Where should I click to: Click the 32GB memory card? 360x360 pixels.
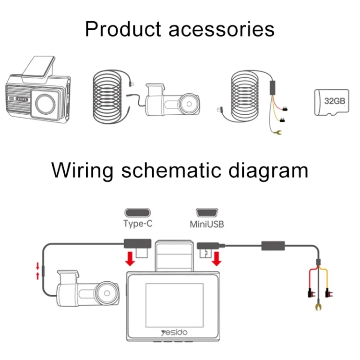click(331, 101)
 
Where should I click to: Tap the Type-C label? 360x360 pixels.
click(138, 223)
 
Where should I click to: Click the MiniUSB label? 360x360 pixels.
click(207, 224)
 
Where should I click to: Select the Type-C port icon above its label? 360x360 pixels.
click(138, 212)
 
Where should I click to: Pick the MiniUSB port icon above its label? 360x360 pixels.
click(207, 212)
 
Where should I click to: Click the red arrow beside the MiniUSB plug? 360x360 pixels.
click(217, 259)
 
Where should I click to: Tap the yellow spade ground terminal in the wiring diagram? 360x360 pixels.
click(317, 305)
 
